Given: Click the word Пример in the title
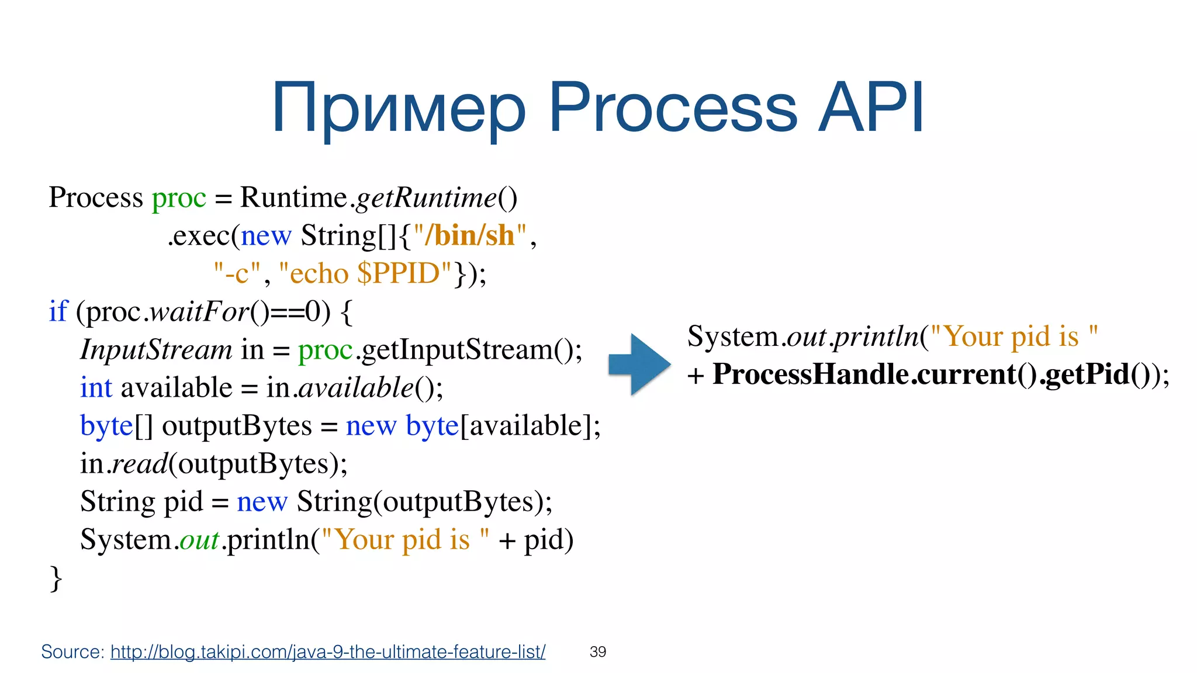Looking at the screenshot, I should pyautogui.click(x=399, y=109).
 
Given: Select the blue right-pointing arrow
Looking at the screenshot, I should pyautogui.click(x=639, y=365).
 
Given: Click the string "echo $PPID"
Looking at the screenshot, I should pyautogui.click(x=365, y=273).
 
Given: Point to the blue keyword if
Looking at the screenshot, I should pyautogui.click(x=58, y=311).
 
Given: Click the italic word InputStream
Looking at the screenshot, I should pyautogui.click(x=156, y=350).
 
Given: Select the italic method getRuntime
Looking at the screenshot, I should pyautogui.click(x=426, y=197).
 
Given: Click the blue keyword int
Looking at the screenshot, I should pyautogui.click(x=96, y=388).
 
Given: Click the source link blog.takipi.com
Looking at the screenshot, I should pyautogui.click(x=327, y=651).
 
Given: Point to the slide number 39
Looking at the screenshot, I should pyautogui.click(x=598, y=652).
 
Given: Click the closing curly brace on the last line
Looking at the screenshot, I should pyautogui.click(x=56, y=579).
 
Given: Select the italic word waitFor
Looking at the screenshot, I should pyautogui.click(x=199, y=311).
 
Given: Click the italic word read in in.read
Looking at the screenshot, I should pyautogui.click(x=140, y=464).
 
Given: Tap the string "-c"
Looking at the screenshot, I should pyautogui.click(x=237, y=273).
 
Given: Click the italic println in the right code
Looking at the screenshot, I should pyautogui.click(x=876, y=337).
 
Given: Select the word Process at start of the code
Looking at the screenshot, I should pyautogui.click(x=96, y=197).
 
